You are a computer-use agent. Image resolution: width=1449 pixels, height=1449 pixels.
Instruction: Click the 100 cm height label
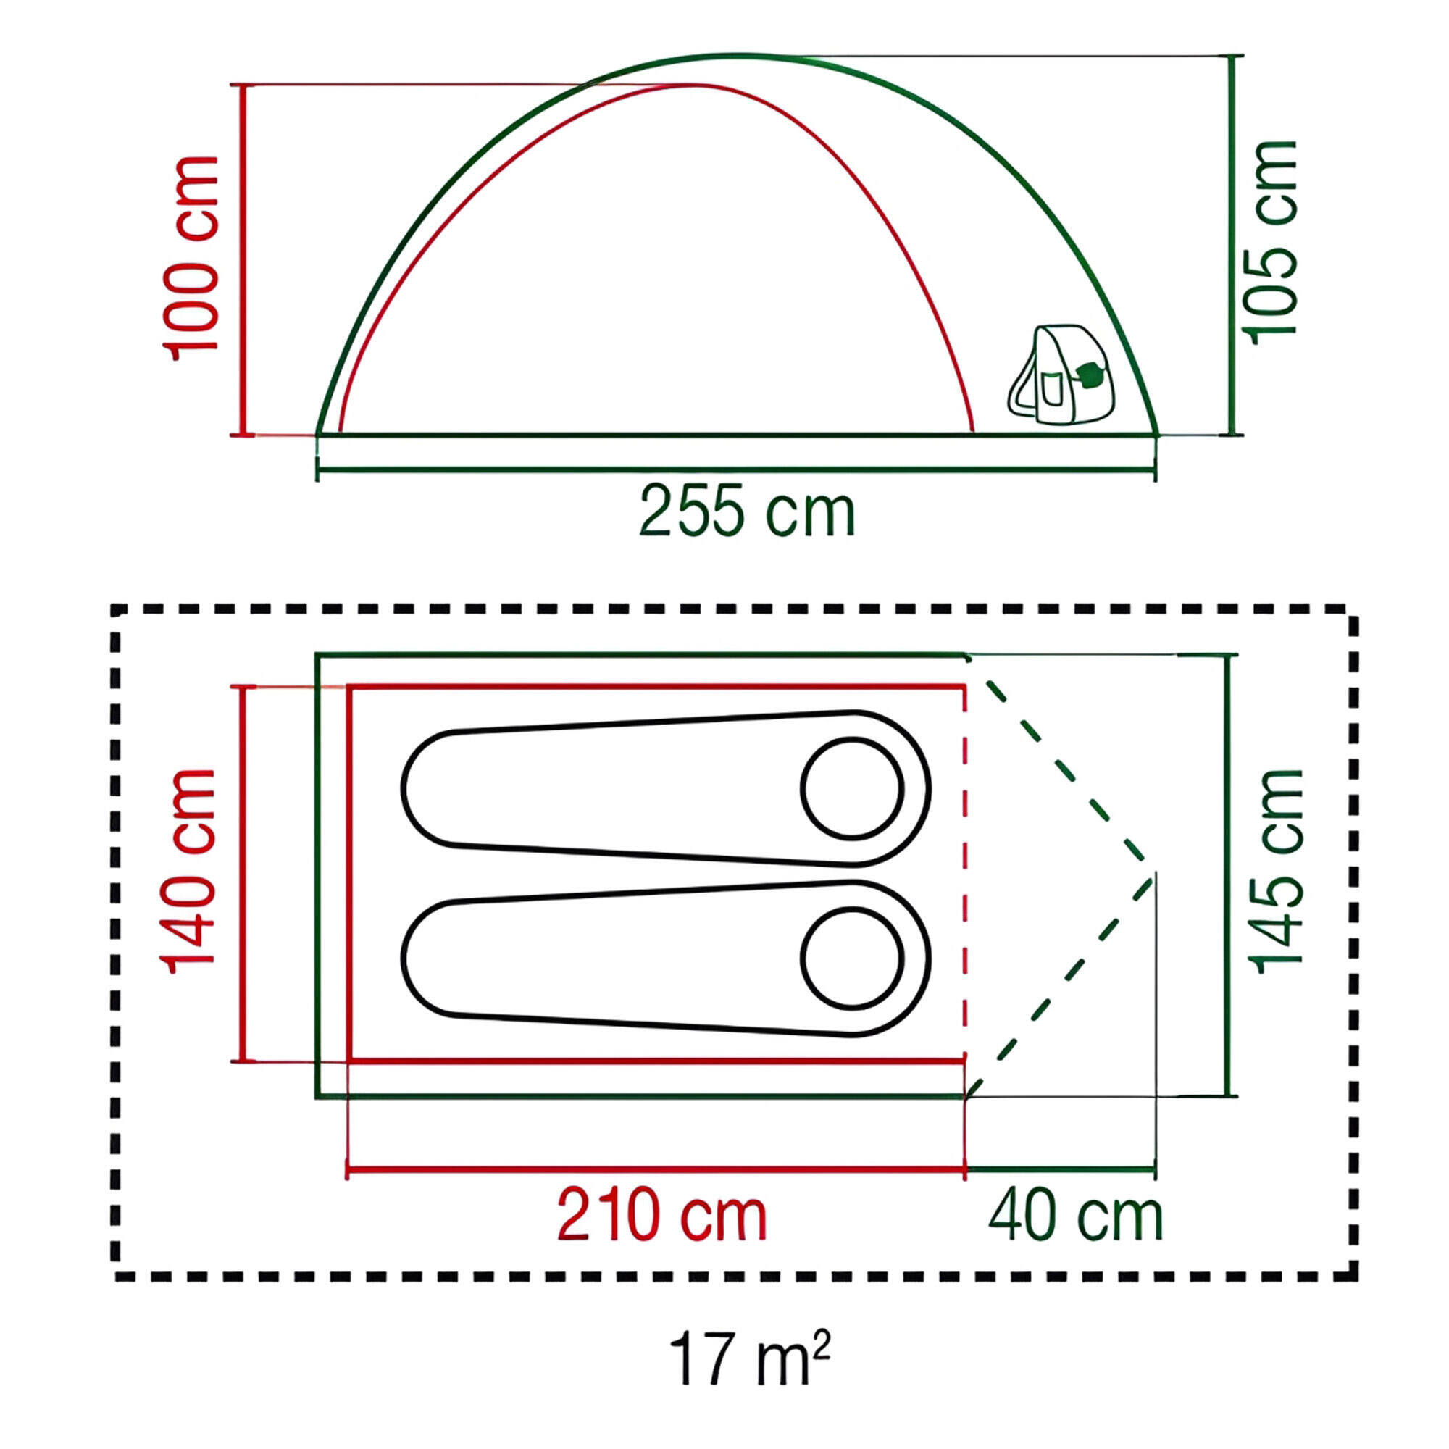coord(191,259)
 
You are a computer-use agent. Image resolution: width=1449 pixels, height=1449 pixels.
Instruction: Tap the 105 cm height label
coord(1271,242)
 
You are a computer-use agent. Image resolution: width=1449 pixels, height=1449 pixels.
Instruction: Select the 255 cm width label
coord(747,511)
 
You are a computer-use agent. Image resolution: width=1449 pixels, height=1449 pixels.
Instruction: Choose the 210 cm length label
coord(661,1216)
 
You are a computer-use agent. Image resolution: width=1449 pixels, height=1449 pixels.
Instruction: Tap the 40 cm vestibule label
coord(1075,1215)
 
